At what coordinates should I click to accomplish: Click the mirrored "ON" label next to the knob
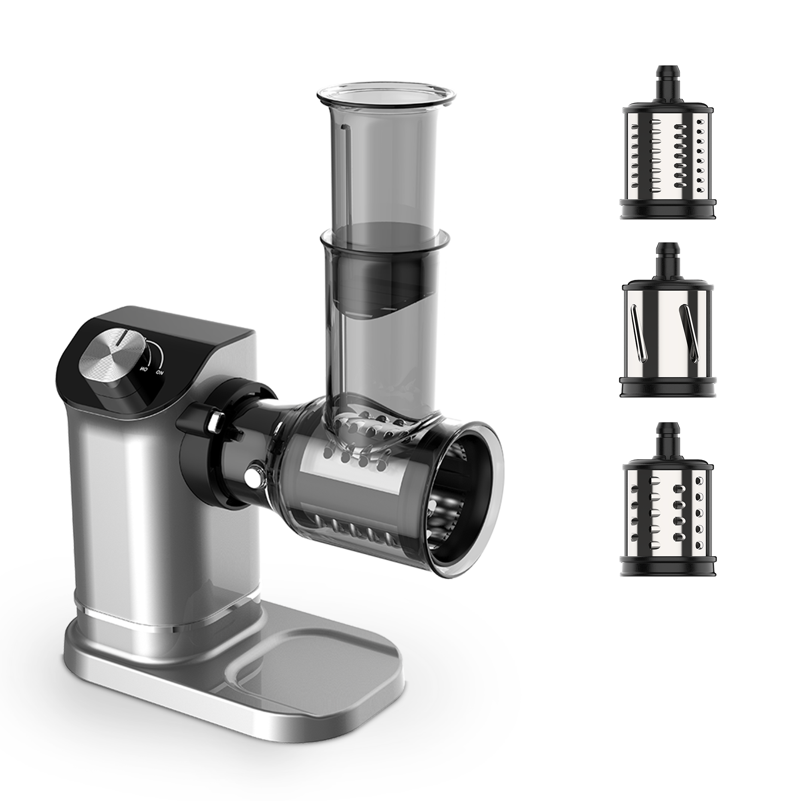coord(143,368)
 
